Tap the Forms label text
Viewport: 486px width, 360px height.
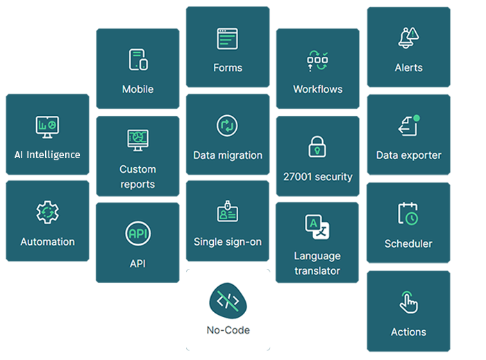pyautogui.click(x=228, y=68)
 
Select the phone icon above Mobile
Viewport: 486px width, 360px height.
pyautogui.click(x=138, y=60)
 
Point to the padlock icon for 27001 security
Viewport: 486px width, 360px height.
pyautogui.click(x=317, y=146)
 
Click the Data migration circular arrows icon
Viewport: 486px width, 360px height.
pyautogui.click(x=228, y=126)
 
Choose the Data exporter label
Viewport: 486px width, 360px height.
pyautogui.click(x=408, y=155)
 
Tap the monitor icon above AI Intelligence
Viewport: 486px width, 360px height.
pyautogui.click(x=47, y=126)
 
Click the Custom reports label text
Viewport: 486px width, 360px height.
pyautogui.click(x=137, y=177)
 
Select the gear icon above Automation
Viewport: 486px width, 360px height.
pyautogui.click(x=47, y=212)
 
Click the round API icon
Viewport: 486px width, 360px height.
pyautogui.click(x=137, y=234)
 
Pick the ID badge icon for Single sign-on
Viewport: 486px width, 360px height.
pyautogui.click(x=228, y=212)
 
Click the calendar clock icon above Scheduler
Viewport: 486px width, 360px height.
pyautogui.click(x=408, y=214)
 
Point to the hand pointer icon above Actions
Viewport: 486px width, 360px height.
pyautogui.click(x=408, y=302)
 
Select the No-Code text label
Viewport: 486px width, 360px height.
pyautogui.click(x=228, y=330)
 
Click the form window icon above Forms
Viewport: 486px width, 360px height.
pyautogui.click(x=228, y=39)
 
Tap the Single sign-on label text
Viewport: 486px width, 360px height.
pyautogui.click(x=228, y=242)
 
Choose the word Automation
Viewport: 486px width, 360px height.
pyautogui.click(x=47, y=242)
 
